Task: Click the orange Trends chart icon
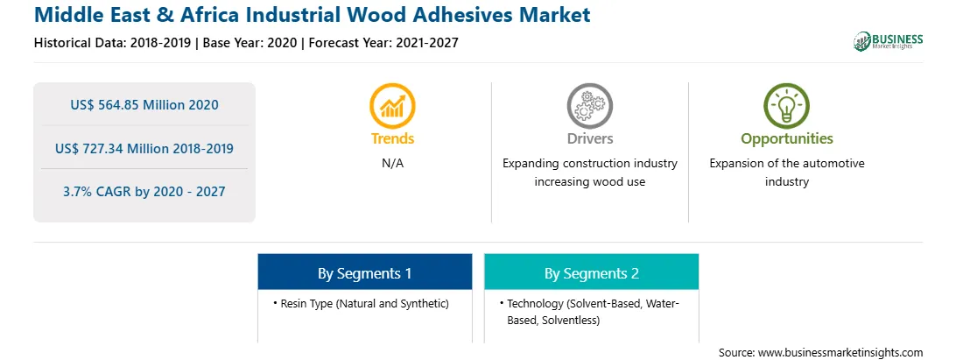pyautogui.click(x=392, y=106)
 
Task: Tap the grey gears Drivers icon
pyautogui.click(x=589, y=106)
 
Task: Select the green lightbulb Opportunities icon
pyautogui.click(x=786, y=106)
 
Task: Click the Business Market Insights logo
pyautogui.click(x=888, y=41)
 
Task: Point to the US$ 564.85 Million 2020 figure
pyautogui.click(x=144, y=104)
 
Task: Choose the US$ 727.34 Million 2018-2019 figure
pyautogui.click(x=144, y=148)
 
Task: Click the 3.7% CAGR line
pyautogui.click(x=144, y=192)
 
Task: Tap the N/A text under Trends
pyautogui.click(x=392, y=164)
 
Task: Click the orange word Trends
pyautogui.click(x=392, y=138)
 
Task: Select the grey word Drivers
pyautogui.click(x=589, y=138)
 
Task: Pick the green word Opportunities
pyautogui.click(x=786, y=138)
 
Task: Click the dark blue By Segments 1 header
pyautogui.click(x=364, y=272)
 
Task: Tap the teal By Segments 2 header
pyautogui.click(x=592, y=272)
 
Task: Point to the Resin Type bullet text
pyautogui.click(x=364, y=303)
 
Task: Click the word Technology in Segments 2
pyautogui.click(x=535, y=303)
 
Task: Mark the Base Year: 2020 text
pyautogui.click(x=250, y=43)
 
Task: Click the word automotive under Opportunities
pyautogui.click(x=837, y=164)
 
